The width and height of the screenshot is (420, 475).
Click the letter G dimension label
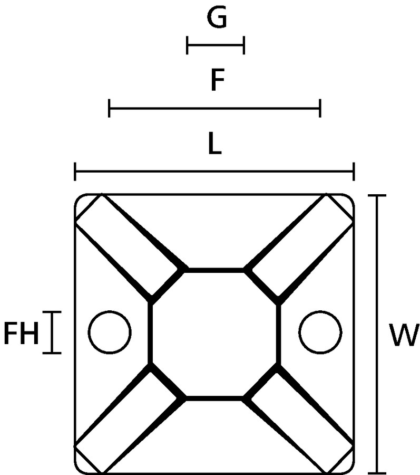coord(217,17)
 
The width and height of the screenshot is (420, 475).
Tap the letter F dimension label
coord(218,80)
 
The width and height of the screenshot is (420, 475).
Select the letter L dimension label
coord(215,144)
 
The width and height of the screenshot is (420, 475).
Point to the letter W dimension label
coord(404,335)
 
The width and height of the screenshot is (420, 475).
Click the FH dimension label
coord(21,334)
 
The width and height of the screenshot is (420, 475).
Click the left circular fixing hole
coord(110,332)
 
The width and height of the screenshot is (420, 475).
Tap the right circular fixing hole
coord(320,332)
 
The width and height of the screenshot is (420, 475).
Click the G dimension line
coord(216,45)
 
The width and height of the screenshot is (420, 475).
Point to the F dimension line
coord(214,108)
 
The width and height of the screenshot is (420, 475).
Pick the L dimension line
coord(214,172)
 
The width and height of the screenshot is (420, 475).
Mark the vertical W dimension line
coord(377,334)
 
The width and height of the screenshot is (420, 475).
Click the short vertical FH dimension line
coord(52,332)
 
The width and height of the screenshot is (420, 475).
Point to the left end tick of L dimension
coord(75,172)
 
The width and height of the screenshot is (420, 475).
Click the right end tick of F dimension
coord(320,108)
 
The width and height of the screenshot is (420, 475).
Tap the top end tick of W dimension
coord(377,196)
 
